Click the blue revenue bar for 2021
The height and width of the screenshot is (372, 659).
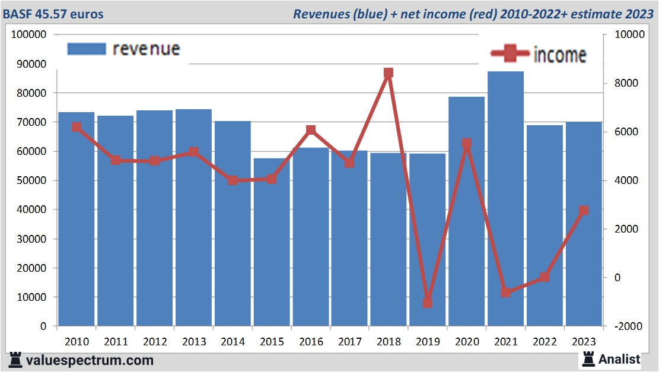pyautogui.click(x=505, y=199)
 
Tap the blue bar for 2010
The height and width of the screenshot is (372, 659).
pyautogui.click(x=77, y=219)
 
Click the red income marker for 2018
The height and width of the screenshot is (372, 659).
pyautogui.click(x=389, y=73)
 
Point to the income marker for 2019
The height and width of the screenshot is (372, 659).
pyautogui.click(x=427, y=303)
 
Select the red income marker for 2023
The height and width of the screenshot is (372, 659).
pyautogui.click(x=584, y=211)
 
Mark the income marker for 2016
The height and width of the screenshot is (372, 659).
pyautogui.click(x=310, y=130)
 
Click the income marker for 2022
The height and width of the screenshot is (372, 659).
pyautogui.click(x=545, y=277)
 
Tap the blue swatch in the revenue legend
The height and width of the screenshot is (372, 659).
pyautogui.click(x=87, y=49)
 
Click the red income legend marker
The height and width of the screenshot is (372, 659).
pyautogui.click(x=510, y=54)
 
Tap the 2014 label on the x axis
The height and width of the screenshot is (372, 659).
pyautogui.click(x=233, y=342)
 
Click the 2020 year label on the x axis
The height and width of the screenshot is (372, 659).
pyautogui.click(x=466, y=342)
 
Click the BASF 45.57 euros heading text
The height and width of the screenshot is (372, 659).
pyautogui.click(x=53, y=14)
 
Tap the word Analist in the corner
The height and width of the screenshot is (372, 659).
pyautogui.click(x=619, y=359)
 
